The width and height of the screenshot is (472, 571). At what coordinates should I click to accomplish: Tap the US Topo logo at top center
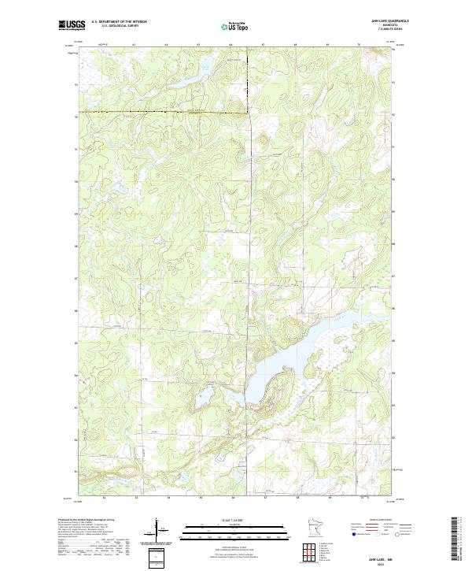pos(235,27)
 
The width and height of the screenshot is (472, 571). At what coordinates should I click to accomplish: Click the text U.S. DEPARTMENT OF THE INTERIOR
pos(119,22)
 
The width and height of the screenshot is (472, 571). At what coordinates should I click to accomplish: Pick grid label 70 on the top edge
pos(360,46)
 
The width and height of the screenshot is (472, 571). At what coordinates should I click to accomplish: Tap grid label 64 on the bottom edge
pos(168,499)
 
